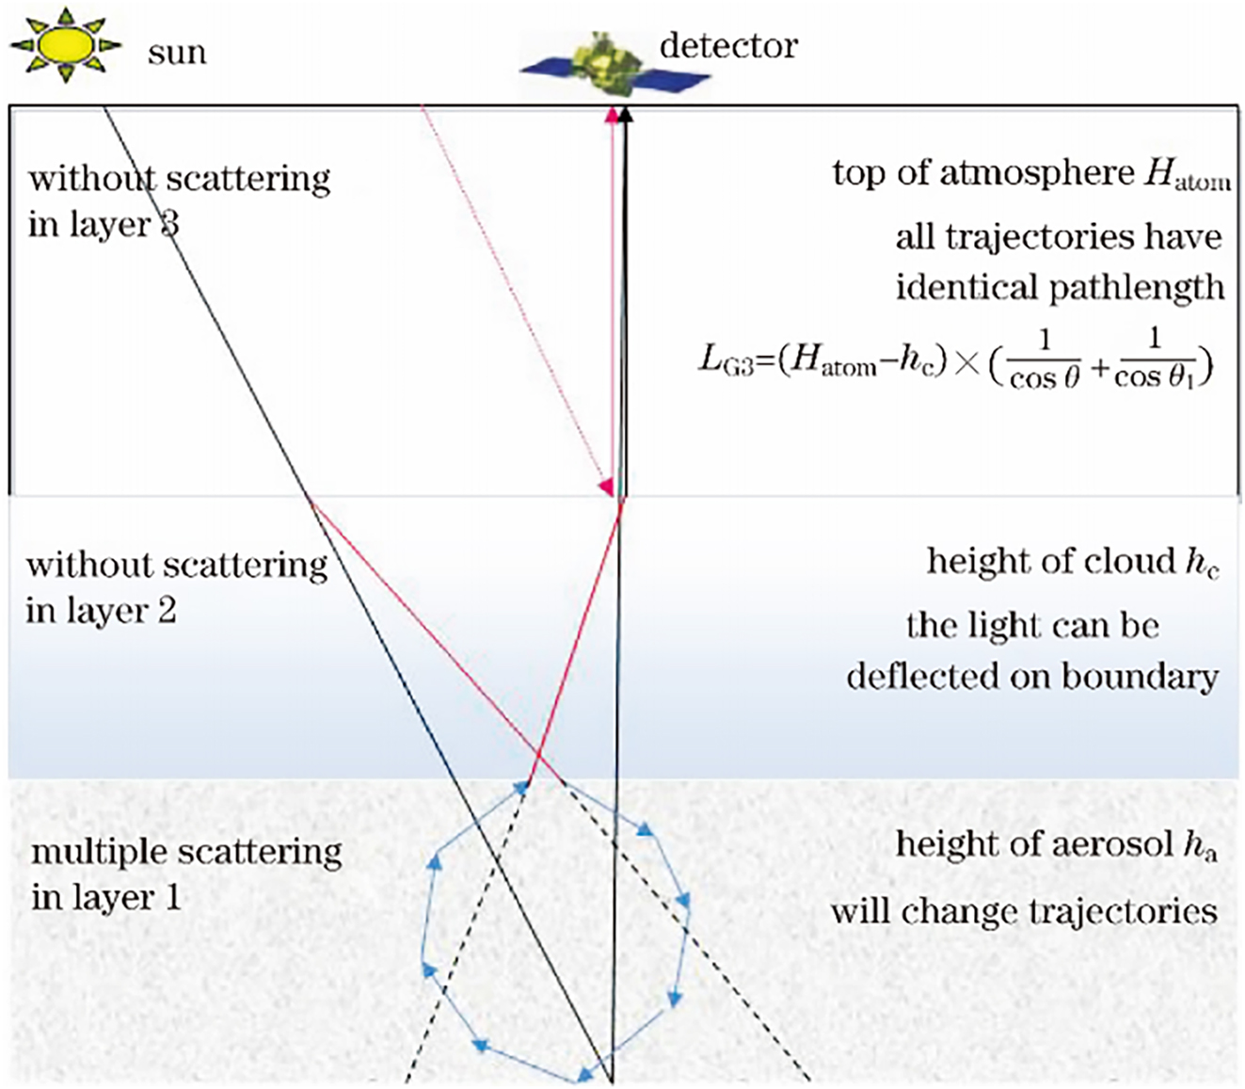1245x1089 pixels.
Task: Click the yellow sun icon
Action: pyautogui.click(x=64, y=42)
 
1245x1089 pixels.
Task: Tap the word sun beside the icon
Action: pyautogui.click(x=176, y=53)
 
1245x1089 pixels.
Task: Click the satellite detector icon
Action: pyautogui.click(x=614, y=66)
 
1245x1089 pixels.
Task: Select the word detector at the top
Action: pyautogui.click(x=728, y=45)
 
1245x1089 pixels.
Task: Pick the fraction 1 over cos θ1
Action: pyautogui.click(x=1155, y=359)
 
